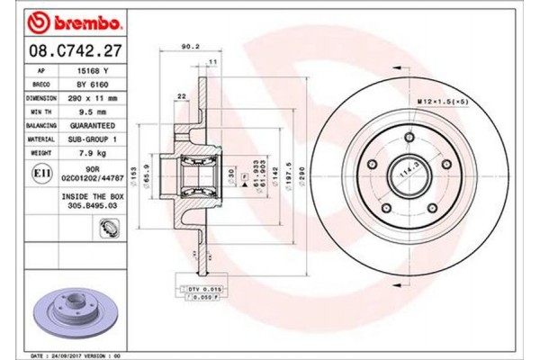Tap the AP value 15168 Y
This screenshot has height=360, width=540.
[93, 69]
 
